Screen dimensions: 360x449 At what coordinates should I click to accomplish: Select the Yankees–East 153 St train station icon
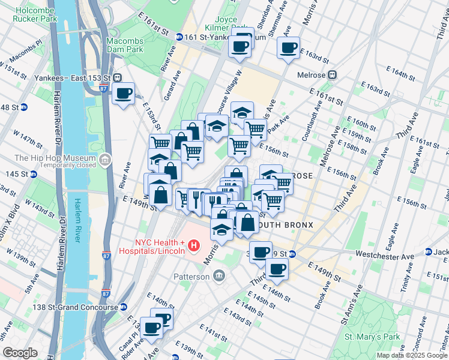(x=119, y=77)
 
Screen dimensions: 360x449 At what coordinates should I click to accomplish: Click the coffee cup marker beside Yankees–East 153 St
(x=124, y=94)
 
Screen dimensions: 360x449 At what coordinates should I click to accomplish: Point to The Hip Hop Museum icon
(x=106, y=160)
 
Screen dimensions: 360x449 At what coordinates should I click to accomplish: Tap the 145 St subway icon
(x=34, y=175)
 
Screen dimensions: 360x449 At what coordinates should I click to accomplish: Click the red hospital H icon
(x=193, y=245)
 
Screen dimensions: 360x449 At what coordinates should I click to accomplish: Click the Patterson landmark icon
(x=219, y=276)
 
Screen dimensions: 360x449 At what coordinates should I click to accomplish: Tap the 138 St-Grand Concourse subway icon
(x=123, y=307)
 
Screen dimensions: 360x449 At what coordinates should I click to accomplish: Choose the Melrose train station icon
(x=332, y=75)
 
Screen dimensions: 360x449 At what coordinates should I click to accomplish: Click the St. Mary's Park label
(x=370, y=337)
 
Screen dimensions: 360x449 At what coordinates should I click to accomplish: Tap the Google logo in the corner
(x=20, y=353)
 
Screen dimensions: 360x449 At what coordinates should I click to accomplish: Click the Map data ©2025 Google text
(x=412, y=355)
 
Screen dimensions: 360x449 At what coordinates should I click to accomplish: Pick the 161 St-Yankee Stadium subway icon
(x=178, y=37)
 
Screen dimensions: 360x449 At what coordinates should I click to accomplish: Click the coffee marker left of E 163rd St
(x=288, y=47)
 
